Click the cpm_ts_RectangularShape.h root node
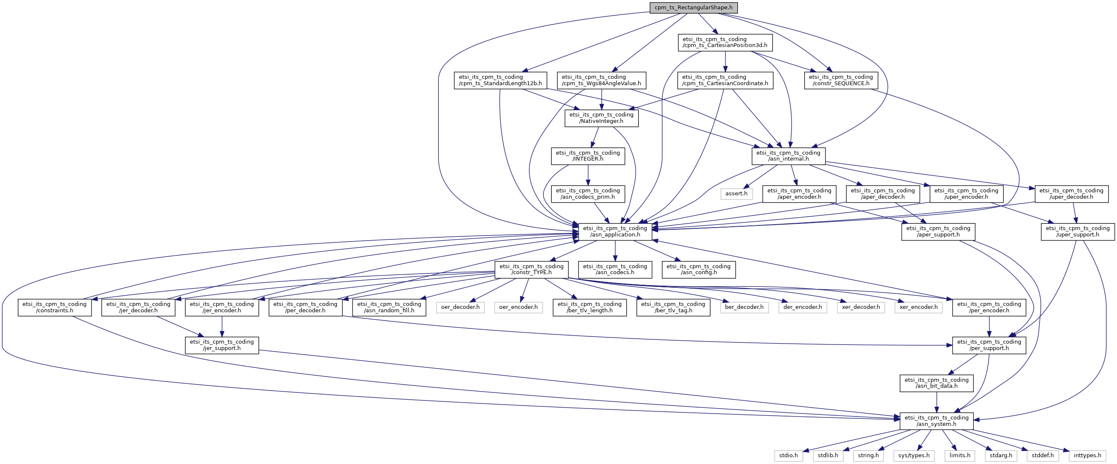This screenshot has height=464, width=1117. click(693, 8)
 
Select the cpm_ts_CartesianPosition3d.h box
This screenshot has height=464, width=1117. click(725, 42)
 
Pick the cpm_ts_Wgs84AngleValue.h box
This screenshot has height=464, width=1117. click(601, 80)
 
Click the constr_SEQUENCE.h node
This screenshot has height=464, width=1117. click(841, 80)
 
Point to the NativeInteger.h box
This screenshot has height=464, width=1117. click(601, 118)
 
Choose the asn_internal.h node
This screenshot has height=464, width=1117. click(788, 156)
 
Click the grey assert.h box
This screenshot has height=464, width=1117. click(736, 194)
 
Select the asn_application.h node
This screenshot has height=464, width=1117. click(615, 231)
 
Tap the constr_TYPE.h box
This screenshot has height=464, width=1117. click(532, 270)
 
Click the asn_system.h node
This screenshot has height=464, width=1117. click(936, 421)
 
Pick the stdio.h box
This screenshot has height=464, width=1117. click(788, 456)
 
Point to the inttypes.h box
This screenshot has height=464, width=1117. click(1087, 456)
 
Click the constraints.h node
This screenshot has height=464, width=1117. click(55, 308)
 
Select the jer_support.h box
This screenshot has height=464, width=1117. click(222, 345)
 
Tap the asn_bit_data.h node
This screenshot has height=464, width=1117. click(936, 383)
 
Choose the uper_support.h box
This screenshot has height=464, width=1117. click(1078, 231)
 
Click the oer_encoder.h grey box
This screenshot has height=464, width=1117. click(518, 308)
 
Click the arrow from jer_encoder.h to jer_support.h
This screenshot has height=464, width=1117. click(222, 326)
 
